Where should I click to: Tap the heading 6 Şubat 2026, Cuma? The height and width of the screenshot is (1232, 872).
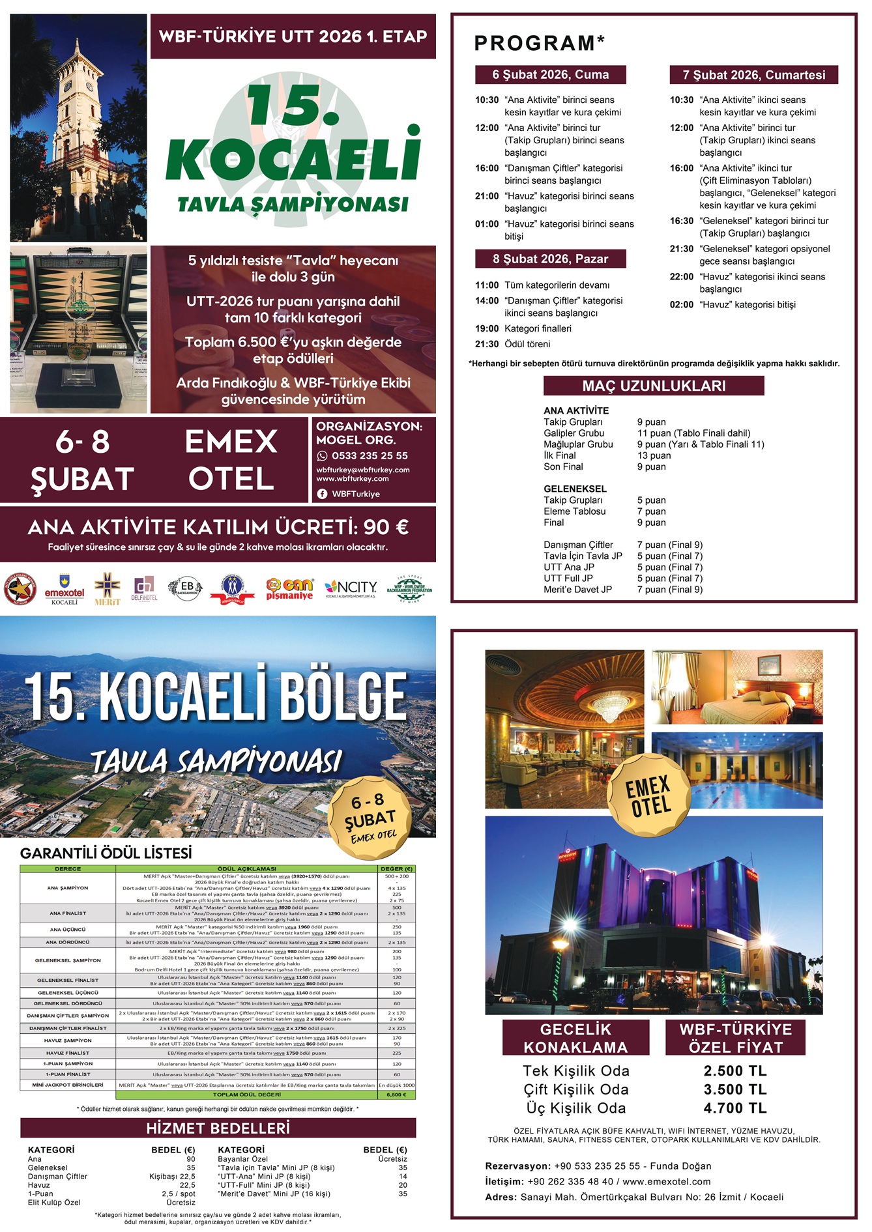(550, 75)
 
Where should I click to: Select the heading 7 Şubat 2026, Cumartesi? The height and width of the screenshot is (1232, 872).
(753, 75)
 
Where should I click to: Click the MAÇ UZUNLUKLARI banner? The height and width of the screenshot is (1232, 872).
(654, 386)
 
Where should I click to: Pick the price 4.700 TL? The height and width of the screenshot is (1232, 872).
(734, 1108)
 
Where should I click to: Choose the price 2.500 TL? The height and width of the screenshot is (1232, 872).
(734, 1070)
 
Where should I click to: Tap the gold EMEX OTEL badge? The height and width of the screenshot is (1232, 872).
(648, 795)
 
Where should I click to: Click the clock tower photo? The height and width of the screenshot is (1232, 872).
(78, 128)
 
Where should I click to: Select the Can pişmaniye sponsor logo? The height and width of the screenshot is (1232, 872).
(289, 588)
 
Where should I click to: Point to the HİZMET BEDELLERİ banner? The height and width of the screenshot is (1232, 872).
(218, 1128)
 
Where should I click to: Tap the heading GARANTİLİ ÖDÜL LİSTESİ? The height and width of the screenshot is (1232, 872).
(106, 853)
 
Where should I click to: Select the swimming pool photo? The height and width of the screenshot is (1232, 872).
(736, 770)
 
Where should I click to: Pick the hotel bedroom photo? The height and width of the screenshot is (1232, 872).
(736, 687)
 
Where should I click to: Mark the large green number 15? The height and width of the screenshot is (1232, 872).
(293, 104)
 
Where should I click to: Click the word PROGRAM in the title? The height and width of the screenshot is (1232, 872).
(534, 44)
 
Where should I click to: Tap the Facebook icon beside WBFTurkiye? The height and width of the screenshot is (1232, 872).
(322, 494)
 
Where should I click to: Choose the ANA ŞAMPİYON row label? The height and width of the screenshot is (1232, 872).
(68, 887)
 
